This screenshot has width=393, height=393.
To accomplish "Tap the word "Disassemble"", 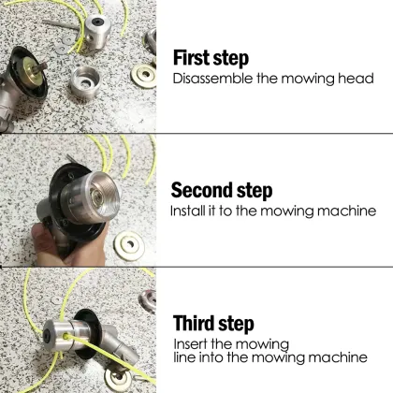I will click(x=212, y=79).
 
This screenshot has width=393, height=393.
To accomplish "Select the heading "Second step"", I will click(x=222, y=191).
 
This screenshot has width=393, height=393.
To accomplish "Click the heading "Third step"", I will click(x=213, y=324).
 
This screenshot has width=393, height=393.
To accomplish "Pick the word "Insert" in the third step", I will click(x=193, y=343).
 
